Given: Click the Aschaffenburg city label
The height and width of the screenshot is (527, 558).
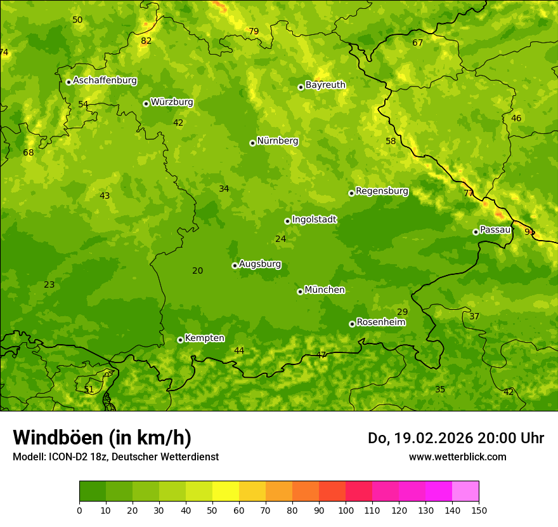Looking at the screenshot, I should point(105,81).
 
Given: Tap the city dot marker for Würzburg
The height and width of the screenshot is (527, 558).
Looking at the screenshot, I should point(146,103).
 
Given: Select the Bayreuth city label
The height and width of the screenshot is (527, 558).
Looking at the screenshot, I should point(325,85).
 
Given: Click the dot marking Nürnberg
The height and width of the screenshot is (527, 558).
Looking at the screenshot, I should point(252,143).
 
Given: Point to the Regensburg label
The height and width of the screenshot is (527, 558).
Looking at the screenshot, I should point(382,191).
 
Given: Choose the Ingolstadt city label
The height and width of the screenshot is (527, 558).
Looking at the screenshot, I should point(314,220).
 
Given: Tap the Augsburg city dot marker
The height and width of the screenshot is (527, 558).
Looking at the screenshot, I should point(235,265).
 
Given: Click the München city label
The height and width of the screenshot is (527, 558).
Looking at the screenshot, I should point(325,290).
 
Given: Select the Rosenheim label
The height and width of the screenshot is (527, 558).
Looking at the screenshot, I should point(381,323).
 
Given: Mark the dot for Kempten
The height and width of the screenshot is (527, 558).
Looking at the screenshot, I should point(180,340).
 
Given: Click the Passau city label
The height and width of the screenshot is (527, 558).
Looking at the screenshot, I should point(495,230).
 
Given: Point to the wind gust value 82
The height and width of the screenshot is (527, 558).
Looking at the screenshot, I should point(146,41).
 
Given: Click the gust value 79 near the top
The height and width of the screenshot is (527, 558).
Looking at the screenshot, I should point(254,31).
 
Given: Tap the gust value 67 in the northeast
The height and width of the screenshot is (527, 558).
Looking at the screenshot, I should point(417,43).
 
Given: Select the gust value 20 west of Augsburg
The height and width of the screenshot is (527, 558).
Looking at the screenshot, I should point(198,271).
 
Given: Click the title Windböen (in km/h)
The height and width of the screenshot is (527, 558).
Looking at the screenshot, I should point(102,437).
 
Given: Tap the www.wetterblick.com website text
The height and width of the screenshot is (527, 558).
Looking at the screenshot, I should point(457,457).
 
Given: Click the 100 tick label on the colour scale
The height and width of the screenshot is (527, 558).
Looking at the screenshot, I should point(346,510).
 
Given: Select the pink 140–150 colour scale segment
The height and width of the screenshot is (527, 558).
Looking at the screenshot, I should point(465,491).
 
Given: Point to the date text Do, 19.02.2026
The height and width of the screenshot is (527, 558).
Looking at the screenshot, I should point(425,438).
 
